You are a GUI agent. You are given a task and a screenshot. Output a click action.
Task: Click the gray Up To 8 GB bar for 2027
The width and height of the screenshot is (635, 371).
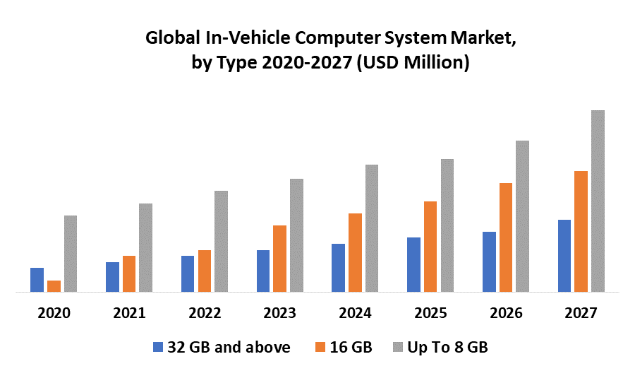598,201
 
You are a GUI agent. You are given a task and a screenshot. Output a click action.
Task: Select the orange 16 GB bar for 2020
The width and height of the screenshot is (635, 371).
54,285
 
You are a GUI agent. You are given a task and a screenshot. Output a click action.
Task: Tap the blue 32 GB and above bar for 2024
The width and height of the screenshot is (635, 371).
338,267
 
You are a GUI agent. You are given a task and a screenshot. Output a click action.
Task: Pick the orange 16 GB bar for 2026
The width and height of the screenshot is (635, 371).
506,237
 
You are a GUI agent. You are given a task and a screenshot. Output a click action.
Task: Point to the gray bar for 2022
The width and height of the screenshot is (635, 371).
221,241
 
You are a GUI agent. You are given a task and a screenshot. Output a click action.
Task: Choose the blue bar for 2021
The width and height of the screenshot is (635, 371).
112,276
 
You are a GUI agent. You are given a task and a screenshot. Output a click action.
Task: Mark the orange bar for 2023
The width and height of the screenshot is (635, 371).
279,258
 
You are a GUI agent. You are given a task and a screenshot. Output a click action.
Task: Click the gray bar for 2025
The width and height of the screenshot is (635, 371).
447,225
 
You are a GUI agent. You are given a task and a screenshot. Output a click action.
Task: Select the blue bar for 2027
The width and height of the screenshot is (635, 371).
564,255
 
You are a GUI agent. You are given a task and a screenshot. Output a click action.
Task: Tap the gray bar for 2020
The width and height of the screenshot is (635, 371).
71,253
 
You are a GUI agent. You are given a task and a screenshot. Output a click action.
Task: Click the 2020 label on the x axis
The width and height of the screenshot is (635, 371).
54,313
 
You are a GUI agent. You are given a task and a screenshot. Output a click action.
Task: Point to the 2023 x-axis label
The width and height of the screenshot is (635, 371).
280,313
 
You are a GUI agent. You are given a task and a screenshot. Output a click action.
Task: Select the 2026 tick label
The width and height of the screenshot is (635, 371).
506,313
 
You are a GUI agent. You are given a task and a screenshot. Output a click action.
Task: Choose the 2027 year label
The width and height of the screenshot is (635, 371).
581,313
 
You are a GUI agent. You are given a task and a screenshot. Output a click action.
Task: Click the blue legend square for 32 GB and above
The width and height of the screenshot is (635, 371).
157,347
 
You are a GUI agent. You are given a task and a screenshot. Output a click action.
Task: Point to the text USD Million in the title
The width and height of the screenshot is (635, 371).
413,62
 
